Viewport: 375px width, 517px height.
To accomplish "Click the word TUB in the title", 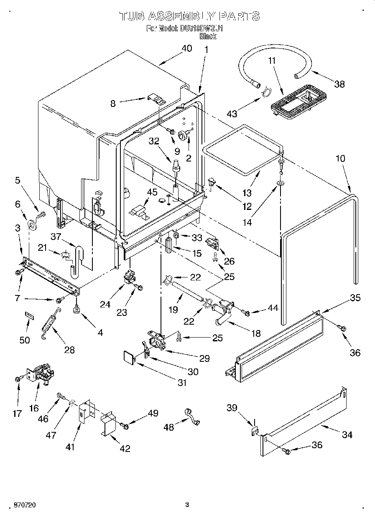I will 133,16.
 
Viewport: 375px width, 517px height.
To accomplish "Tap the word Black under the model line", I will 208,36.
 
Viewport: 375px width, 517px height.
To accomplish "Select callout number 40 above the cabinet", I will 186,48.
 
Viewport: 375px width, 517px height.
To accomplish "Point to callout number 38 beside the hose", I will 339,84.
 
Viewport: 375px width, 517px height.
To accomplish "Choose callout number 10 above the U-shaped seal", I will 340,159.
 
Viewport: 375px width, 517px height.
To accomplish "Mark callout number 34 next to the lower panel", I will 347,435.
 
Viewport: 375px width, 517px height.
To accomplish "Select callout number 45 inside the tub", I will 152,192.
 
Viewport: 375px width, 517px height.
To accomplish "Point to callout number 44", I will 272,308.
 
